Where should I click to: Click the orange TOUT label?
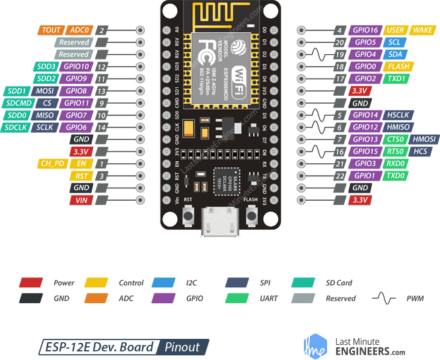coord(52,30)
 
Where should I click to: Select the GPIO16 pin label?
coord(365,30)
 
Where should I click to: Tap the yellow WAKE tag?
coord(422,30)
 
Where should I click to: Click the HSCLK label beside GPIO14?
coord(400,115)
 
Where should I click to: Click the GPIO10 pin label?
coord(75,67)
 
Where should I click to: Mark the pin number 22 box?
coord(339,175)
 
